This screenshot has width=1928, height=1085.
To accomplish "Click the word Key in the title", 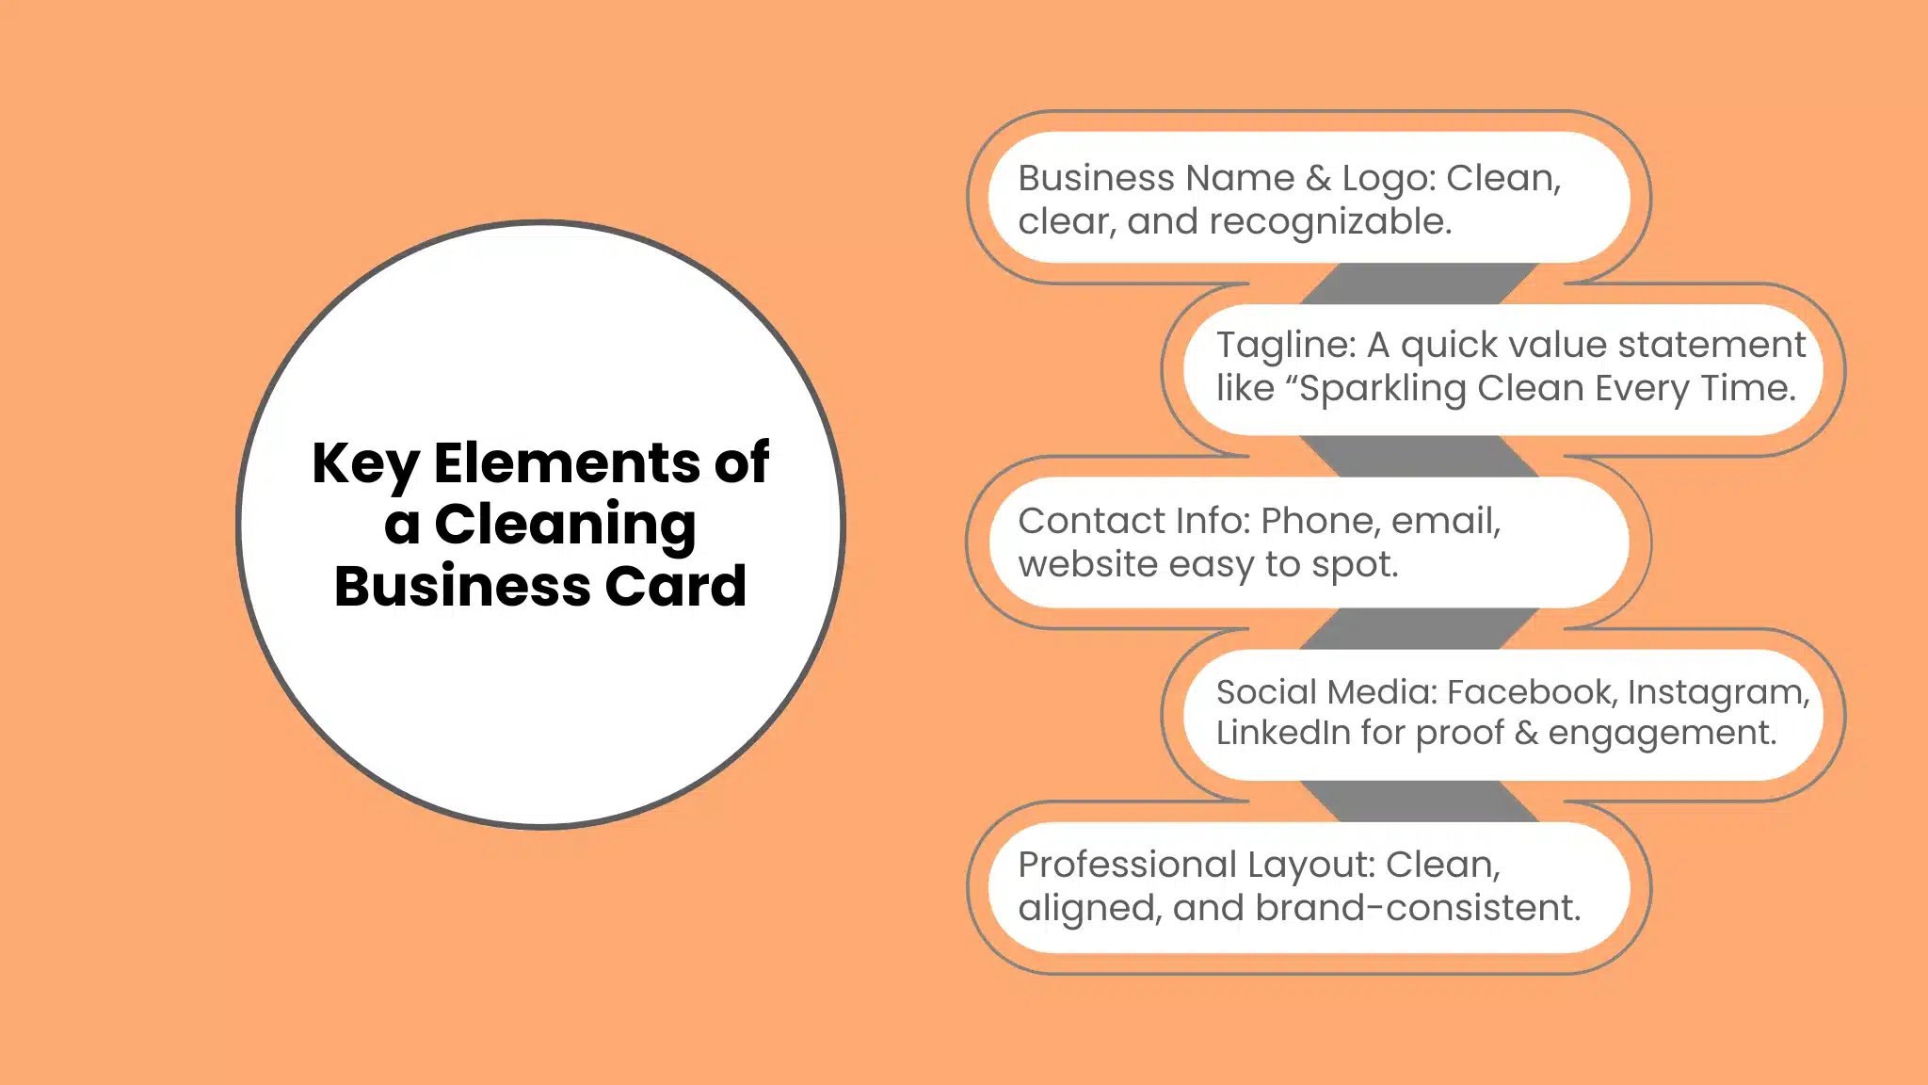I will [365, 464].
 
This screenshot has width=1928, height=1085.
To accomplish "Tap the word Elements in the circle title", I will [566, 462].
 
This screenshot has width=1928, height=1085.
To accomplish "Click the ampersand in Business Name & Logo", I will [1318, 178].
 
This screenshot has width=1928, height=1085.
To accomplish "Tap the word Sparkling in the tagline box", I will [1381, 389].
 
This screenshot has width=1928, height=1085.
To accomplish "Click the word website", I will [1087, 564].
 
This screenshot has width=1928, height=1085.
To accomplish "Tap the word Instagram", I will [1717, 693].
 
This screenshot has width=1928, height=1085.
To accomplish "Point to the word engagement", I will [1662, 734].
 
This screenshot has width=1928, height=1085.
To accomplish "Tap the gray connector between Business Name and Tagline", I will [1419, 283].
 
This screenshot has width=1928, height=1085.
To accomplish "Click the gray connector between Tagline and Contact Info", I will [1419, 456].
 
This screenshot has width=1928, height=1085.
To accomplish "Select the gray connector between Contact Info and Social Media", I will [1419, 628].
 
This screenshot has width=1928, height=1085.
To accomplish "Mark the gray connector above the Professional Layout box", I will [1419, 802].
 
